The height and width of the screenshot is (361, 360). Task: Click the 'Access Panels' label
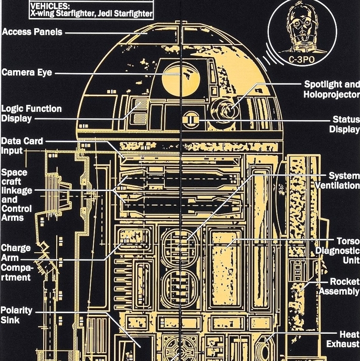[x=32, y=32]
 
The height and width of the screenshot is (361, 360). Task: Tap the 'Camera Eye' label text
[x=27, y=73]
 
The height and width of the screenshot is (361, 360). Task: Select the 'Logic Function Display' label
[x=31, y=113]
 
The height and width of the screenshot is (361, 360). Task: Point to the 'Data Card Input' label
[x=22, y=146]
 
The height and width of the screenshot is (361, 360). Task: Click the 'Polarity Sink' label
[x=16, y=315]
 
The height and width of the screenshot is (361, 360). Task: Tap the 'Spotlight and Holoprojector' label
[x=331, y=89]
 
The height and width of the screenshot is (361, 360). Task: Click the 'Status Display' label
[x=345, y=124]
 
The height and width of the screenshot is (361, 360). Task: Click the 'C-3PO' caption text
[x=301, y=60]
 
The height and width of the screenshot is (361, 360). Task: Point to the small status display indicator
[x=190, y=120]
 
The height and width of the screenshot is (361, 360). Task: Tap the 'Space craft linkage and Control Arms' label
[x=16, y=195]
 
